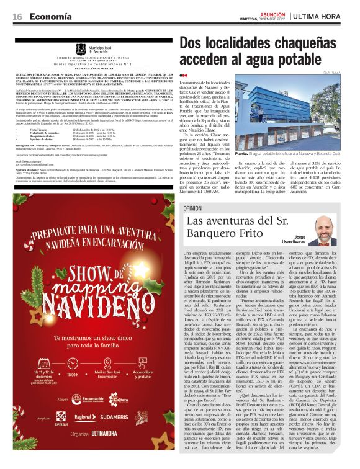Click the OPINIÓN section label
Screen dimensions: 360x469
tap(192, 208)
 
